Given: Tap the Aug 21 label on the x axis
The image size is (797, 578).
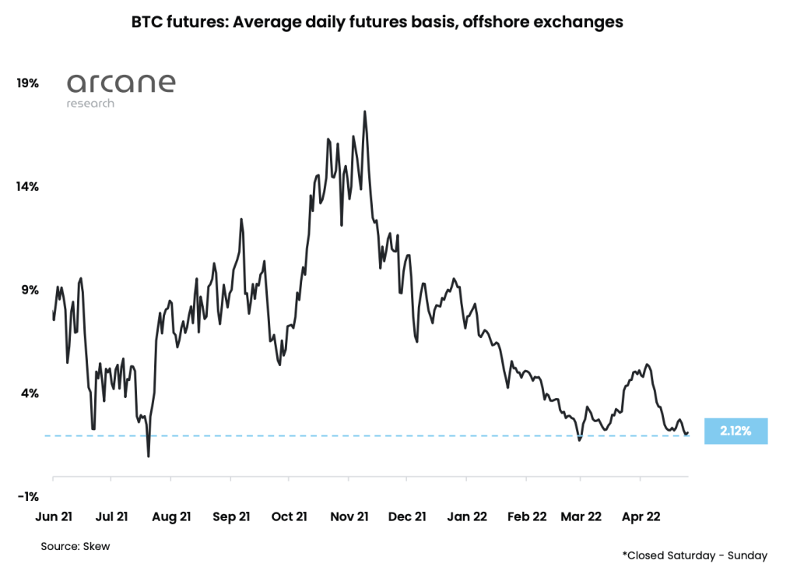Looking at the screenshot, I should pyautogui.click(x=171, y=516).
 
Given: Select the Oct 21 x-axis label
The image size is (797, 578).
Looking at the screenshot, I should pyautogui.click(x=289, y=516).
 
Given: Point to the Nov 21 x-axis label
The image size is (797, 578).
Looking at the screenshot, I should pyautogui.click(x=348, y=516).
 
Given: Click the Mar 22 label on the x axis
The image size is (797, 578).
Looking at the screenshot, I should pyautogui.click(x=581, y=516).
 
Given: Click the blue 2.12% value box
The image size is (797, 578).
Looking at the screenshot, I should pyautogui.click(x=736, y=431).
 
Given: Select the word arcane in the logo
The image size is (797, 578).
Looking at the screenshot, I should pyautogui.click(x=121, y=83).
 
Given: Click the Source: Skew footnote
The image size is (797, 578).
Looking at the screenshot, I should pyautogui.click(x=75, y=547).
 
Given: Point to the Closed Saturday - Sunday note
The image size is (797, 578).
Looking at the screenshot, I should pyautogui.click(x=694, y=555).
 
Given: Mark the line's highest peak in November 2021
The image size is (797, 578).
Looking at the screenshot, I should pyautogui.click(x=364, y=111).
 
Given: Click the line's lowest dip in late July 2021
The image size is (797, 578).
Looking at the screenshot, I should pyautogui.click(x=148, y=456).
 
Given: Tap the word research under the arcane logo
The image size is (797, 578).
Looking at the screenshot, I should pyautogui.click(x=90, y=104).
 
